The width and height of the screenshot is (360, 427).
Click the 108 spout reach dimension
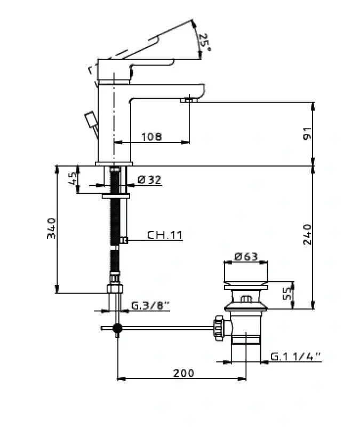point(152,137)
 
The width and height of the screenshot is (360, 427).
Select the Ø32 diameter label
point(149,180)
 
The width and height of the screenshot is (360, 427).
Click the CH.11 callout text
point(165,235)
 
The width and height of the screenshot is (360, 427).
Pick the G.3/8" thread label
point(150,305)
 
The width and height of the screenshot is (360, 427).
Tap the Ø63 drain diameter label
point(246,257)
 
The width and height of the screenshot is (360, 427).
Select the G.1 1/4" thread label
point(296,357)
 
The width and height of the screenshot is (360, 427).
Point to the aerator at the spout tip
point(189,99)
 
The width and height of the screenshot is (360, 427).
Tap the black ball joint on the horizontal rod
point(117,328)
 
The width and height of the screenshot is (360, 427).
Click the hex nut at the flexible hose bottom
point(115,289)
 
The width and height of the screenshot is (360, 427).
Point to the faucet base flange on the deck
point(114,164)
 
